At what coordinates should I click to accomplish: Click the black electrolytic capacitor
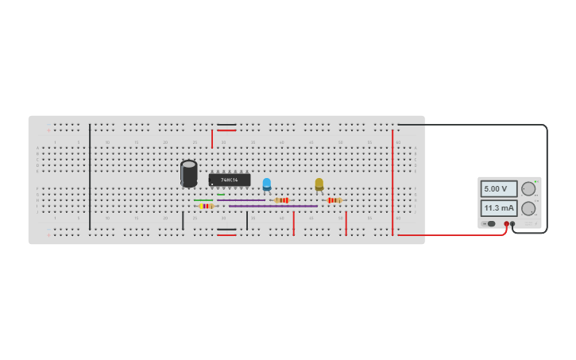coord(188,173)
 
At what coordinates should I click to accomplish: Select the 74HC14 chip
coord(229,180)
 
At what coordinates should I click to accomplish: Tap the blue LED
coord(267,184)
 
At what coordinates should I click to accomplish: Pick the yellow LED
coord(319,184)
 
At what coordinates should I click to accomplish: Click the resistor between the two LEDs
coord(282,200)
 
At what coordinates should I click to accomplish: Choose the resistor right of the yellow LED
coord(334,200)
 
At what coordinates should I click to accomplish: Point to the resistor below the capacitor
coord(207,206)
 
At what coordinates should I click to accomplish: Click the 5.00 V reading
coord(498,189)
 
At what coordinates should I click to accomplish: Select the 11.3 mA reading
coord(498,208)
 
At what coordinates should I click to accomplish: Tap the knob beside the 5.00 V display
coord(528,189)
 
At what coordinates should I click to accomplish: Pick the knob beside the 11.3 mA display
coord(528,208)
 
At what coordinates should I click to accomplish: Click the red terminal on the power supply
coord(506,224)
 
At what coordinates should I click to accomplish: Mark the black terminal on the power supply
coord(512,224)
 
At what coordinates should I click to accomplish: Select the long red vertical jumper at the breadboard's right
coord(392,183)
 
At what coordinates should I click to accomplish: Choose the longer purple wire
coord(273,206)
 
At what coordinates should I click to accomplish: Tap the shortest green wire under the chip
coord(221,195)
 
